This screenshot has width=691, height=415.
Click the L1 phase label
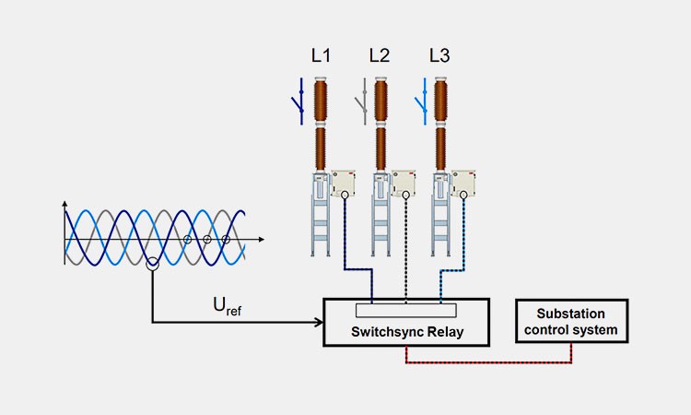pyautogui.click(x=321, y=55)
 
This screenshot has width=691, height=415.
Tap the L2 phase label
pyautogui.click(x=380, y=55)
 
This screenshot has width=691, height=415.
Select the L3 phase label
pyautogui.click(x=439, y=55)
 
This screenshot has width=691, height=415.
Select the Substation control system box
pyautogui.click(x=572, y=322)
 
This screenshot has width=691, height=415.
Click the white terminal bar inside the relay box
pyautogui.click(x=405, y=308)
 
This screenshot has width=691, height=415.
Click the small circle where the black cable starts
pyautogui.click(x=406, y=196)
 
